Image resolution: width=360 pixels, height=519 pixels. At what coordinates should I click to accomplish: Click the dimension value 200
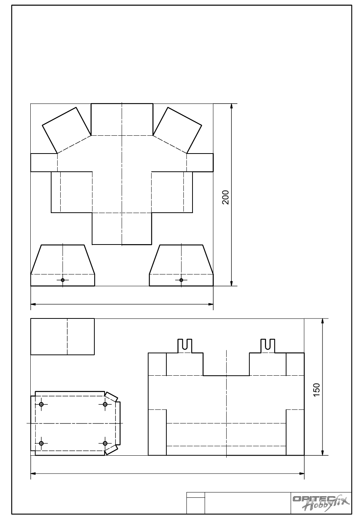(225, 197)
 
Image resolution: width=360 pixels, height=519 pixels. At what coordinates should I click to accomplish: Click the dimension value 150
(316, 390)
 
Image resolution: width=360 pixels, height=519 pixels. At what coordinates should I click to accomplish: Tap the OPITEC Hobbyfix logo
(321, 503)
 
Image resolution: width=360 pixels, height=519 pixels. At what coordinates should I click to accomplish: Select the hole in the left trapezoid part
(63, 280)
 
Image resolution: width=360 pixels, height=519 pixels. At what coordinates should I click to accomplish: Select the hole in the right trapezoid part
(181, 280)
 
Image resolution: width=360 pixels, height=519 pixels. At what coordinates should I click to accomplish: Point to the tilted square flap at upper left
(66, 130)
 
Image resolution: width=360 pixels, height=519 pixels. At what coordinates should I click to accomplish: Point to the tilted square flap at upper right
(177, 130)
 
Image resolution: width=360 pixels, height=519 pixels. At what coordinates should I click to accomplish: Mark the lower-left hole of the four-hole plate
(41, 443)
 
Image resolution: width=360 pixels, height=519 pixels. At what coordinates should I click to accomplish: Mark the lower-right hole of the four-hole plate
(105, 443)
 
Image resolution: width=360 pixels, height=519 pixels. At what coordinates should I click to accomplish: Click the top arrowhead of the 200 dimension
(231, 106)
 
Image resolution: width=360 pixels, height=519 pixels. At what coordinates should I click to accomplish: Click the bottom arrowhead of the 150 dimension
(322, 453)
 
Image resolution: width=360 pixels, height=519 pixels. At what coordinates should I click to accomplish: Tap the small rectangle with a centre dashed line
(63, 336)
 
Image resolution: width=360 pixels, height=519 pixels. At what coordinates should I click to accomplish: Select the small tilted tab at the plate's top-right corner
(111, 397)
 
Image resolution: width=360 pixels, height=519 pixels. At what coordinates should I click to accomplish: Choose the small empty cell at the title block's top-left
(196, 495)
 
